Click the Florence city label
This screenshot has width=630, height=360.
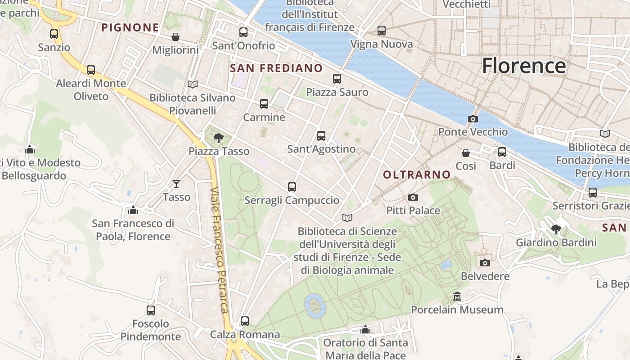pos(523,66)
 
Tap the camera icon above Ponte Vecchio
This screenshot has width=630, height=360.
pos(472,119)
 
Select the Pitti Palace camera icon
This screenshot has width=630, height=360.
pos(413,197)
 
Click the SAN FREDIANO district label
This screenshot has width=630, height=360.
pos(276,68)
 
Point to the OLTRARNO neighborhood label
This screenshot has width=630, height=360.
pos(417,175)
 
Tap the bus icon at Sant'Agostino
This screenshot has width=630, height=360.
pos(321,135)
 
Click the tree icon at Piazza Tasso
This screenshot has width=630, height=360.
pos(219,138)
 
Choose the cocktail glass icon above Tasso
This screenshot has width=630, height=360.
pos(176,184)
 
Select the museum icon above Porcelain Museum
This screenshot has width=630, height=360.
pos(457,296)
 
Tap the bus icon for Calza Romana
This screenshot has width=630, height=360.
pos(245,321)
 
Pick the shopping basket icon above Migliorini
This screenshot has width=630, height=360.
pos(175,36)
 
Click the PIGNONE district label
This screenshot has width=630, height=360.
pos(130,28)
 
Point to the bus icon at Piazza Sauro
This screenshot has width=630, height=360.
pos(337,79)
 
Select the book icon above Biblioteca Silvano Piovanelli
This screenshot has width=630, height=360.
pos(192,84)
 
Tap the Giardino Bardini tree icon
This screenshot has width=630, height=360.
pos(556,229)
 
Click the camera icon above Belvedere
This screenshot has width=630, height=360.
pos(485,263)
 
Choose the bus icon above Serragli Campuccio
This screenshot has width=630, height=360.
pos(292,187)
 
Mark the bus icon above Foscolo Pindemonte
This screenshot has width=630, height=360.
pos(151,310)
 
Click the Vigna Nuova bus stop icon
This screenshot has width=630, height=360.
pos(382,31)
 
